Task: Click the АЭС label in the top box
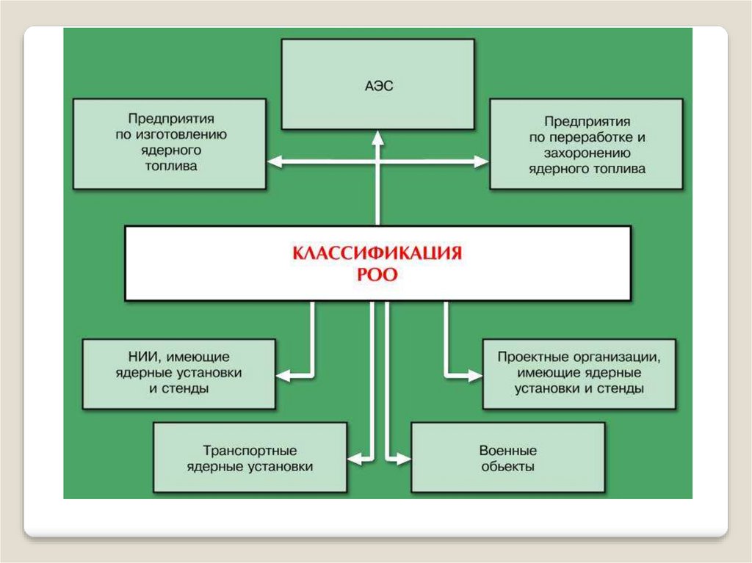(377, 87)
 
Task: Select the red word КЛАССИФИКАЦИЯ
(377, 255)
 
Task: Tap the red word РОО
(377, 275)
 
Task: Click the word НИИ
(142, 357)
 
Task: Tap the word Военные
(507, 450)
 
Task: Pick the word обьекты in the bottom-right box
(507, 466)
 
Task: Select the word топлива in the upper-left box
(170, 166)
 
